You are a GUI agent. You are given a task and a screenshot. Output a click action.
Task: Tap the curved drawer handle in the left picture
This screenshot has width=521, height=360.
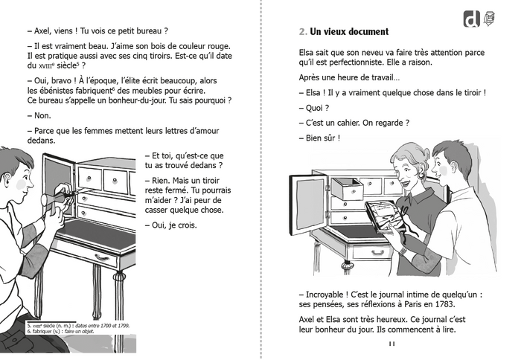102,257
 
